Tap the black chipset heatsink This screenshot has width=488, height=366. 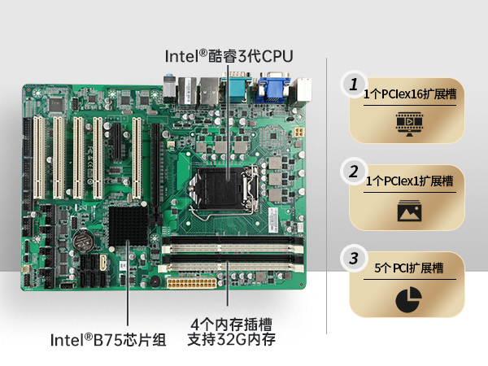click(128, 222)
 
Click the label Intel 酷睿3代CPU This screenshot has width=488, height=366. click(229, 55)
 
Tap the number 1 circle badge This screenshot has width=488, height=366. click(353, 84)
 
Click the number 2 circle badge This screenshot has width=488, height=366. click(353, 172)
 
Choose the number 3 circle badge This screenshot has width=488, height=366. click(353, 259)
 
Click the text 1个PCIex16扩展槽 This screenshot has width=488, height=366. click(410, 94)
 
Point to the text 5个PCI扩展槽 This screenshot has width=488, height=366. click(409, 268)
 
